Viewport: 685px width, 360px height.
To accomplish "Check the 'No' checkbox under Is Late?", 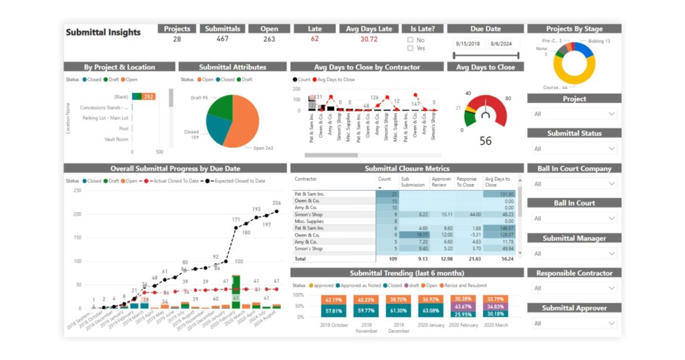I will [x=410, y=40].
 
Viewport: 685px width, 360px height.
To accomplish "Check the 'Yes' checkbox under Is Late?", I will [x=410, y=48].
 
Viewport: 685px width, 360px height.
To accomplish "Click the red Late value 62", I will [x=314, y=39].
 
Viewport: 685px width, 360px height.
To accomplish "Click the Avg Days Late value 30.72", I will [x=369, y=39].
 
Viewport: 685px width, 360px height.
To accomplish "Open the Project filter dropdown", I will [x=574, y=114].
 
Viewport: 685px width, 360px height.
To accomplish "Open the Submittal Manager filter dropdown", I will [x=574, y=254].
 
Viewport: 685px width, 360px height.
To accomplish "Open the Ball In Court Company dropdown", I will [x=574, y=183].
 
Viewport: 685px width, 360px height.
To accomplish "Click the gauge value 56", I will [x=486, y=141].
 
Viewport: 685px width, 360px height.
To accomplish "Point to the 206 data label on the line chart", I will [x=276, y=203].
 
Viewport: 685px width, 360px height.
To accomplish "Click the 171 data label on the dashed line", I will [x=235, y=219].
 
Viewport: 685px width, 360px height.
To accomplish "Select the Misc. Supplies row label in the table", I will [x=309, y=221].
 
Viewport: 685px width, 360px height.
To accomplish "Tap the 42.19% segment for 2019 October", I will [x=334, y=300].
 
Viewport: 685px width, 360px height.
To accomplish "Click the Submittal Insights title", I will [x=103, y=32].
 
